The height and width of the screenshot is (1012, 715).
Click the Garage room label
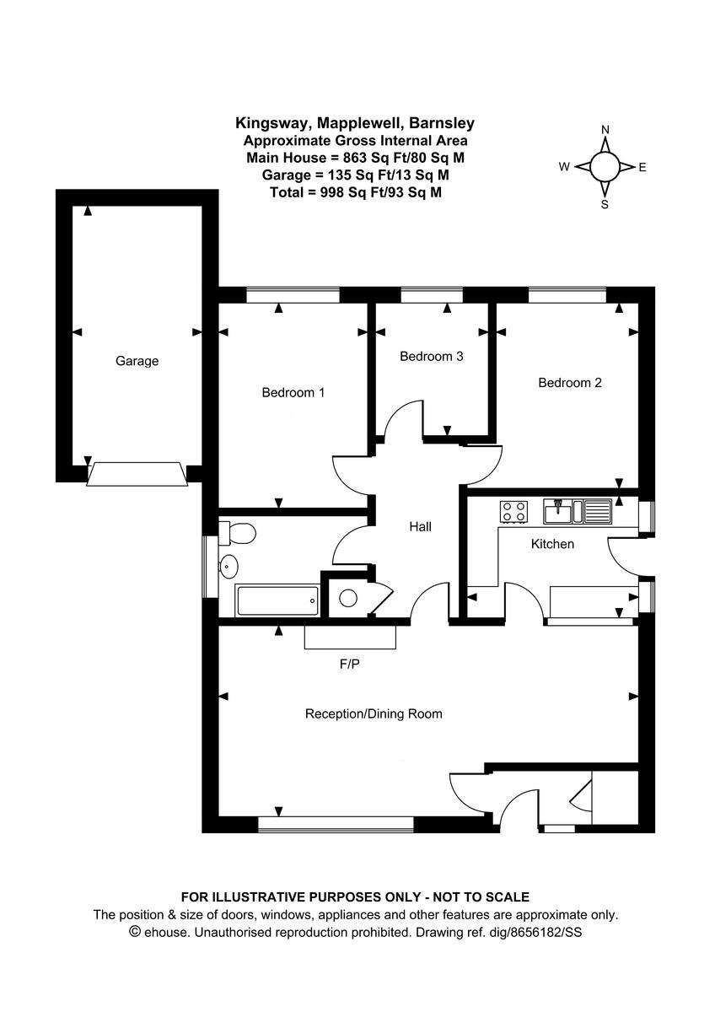click(x=137, y=361)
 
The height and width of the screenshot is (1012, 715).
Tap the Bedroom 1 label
click(x=293, y=392)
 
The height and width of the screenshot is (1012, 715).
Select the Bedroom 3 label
click(x=431, y=356)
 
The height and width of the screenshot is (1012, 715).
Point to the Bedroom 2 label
click(x=570, y=382)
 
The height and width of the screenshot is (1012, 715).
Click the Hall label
click(x=420, y=526)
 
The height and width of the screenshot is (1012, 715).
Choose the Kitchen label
click(x=551, y=544)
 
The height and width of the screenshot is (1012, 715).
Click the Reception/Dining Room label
click(x=373, y=713)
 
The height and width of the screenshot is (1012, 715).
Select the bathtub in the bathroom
click(x=277, y=601)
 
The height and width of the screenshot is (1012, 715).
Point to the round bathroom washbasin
click(x=228, y=566)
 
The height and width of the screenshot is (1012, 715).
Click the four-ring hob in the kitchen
click(x=513, y=510)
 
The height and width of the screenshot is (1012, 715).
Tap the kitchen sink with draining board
click(x=578, y=510)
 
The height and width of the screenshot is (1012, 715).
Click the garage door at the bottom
click(x=137, y=474)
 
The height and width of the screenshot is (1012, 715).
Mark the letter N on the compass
click(x=605, y=129)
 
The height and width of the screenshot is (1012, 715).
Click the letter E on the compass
click(x=642, y=167)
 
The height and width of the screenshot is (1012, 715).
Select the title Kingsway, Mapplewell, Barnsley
click(x=354, y=124)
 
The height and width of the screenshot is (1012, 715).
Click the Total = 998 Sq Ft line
click(x=354, y=192)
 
